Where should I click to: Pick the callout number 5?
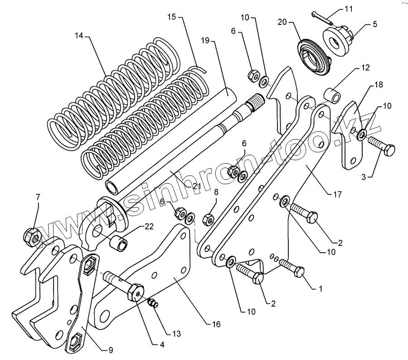click(374, 24)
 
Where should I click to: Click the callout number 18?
click(378, 85)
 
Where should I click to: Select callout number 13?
click(175, 334)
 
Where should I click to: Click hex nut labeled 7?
click(31, 235)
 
